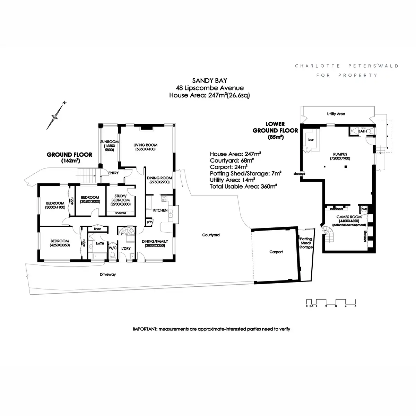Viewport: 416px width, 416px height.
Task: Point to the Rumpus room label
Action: [x=340, y=156]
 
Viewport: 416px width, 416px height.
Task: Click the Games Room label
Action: [x=349, y=217]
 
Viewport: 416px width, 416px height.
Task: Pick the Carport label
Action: [x=276, y=252]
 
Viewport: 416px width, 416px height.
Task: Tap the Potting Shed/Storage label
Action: [x=306, y=243]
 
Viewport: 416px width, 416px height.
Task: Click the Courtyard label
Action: [x=211, y=235]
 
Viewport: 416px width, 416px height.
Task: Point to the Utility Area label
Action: [x=336, y=114]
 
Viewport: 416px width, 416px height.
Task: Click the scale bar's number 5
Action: [x=355, y=306]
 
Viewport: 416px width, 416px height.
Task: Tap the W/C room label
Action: [x=112, y=248]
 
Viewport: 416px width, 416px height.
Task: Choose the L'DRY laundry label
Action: [x=126, y=248]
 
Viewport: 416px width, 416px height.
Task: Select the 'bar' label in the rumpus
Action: [x=311, y=140]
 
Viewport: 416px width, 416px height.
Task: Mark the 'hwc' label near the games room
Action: [x=364, y=209]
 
